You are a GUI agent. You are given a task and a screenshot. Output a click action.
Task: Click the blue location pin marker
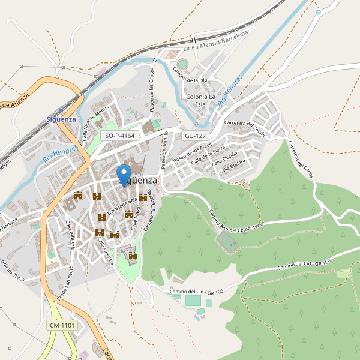(124, 175)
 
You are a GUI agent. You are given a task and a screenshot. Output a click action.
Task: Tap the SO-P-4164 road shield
(119, 136)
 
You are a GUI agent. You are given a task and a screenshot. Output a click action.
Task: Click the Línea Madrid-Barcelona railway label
(215, 43)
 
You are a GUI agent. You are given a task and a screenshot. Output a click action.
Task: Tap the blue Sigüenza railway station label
(61, 119)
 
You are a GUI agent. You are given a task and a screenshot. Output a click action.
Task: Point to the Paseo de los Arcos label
(192, 154)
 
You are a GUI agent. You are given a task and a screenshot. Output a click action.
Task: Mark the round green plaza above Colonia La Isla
(182, 64)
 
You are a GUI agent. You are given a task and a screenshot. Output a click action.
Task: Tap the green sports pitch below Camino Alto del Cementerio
(226, 242)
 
